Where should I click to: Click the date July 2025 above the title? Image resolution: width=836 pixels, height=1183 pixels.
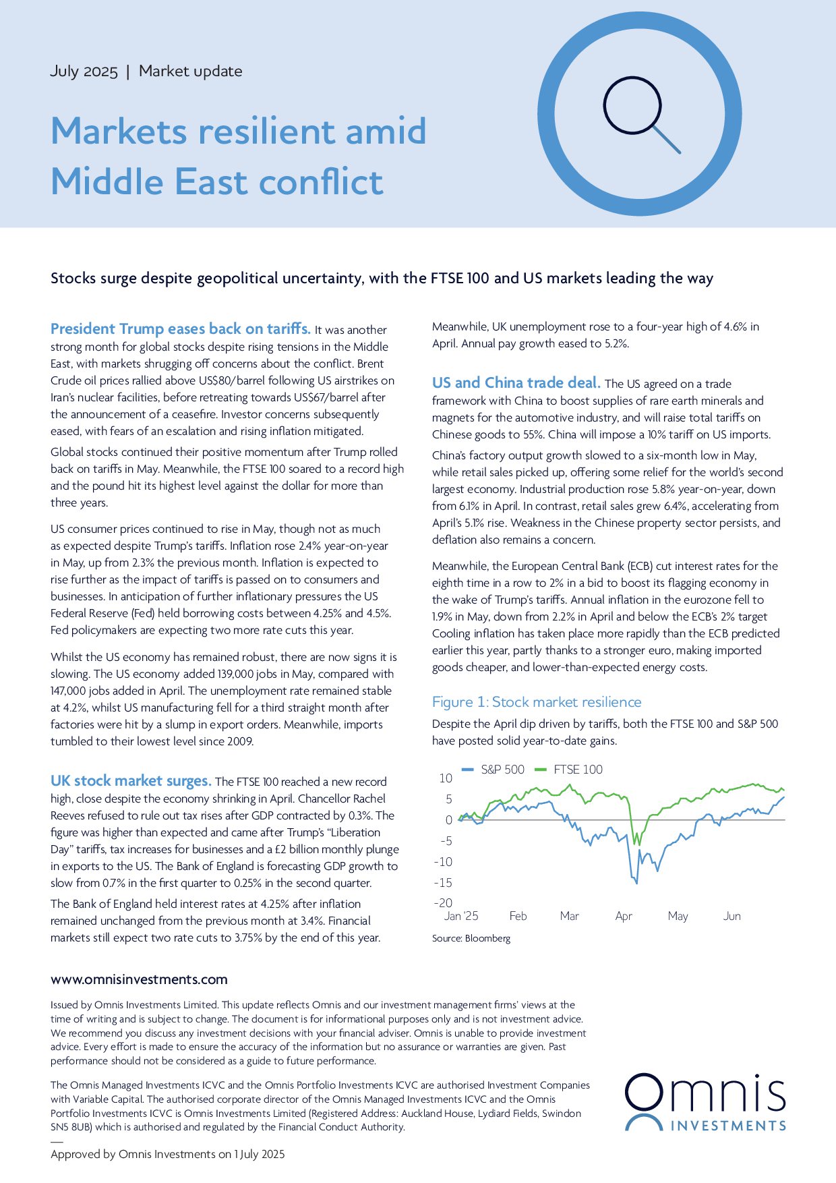84,71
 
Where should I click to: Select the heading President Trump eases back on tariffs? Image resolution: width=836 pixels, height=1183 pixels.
180,329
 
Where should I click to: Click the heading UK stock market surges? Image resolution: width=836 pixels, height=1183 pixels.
131,781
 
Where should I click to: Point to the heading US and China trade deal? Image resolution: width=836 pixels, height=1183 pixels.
516,383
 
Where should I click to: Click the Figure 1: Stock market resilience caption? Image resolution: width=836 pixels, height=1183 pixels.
537,702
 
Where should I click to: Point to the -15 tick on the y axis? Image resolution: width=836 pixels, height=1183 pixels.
443,882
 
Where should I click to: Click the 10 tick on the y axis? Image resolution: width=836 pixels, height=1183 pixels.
446,778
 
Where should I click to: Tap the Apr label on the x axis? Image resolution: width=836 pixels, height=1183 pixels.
624,916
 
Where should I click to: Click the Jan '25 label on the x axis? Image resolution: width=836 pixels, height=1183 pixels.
461,916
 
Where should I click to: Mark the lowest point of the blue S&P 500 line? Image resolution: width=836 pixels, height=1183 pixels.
636,883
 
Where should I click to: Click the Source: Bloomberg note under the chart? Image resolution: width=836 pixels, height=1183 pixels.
471,938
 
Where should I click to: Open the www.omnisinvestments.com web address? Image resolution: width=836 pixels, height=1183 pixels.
139,979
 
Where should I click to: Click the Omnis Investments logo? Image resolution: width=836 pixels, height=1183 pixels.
705,1103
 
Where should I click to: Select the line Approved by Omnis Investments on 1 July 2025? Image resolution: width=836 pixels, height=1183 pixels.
167,1154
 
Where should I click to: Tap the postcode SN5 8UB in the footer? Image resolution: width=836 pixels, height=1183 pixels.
73,1126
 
